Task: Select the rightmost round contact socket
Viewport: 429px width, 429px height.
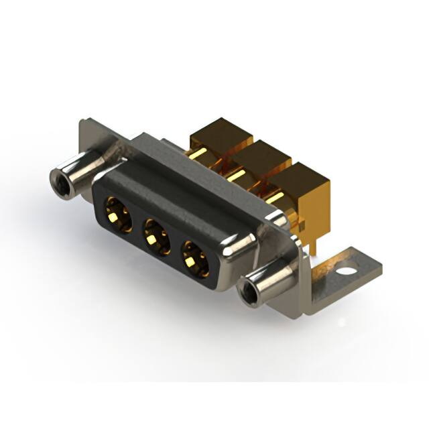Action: [x=195, y=255]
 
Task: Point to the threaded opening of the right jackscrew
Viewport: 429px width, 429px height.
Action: [x=247, y=292]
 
